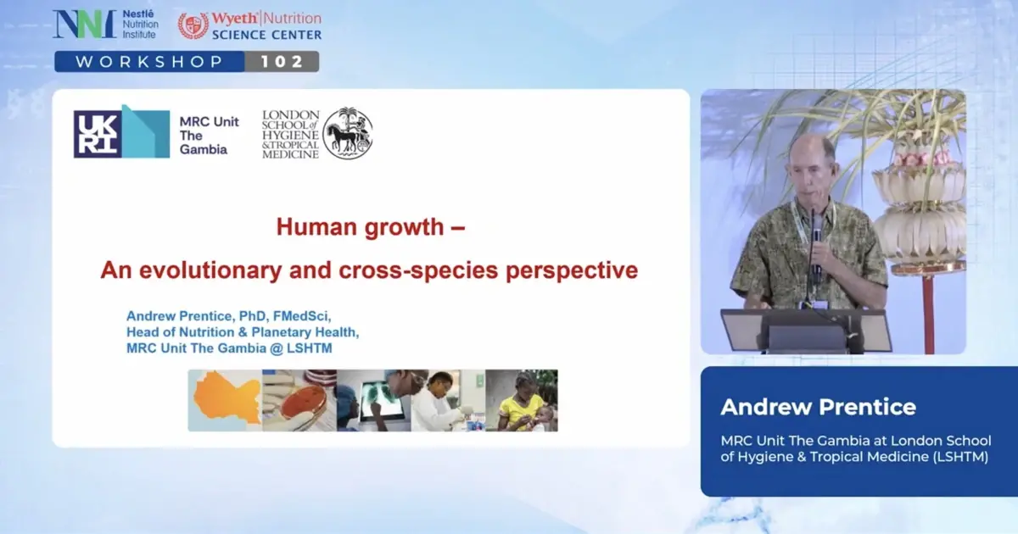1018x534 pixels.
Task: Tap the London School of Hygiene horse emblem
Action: point(347,133)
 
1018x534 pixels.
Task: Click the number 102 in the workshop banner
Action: point(281,62)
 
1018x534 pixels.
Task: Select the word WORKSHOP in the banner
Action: point(149,62)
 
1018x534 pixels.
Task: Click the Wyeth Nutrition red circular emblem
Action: point(193,25)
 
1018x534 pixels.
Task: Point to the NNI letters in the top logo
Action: point(84,24)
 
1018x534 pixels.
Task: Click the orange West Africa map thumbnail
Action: point(224,400)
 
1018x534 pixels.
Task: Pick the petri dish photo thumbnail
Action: point(299,400)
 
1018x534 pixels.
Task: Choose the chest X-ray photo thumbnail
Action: point(373,400)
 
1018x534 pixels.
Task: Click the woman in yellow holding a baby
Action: point(522,400)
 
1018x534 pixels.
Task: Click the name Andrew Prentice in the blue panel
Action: point(818,407)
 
